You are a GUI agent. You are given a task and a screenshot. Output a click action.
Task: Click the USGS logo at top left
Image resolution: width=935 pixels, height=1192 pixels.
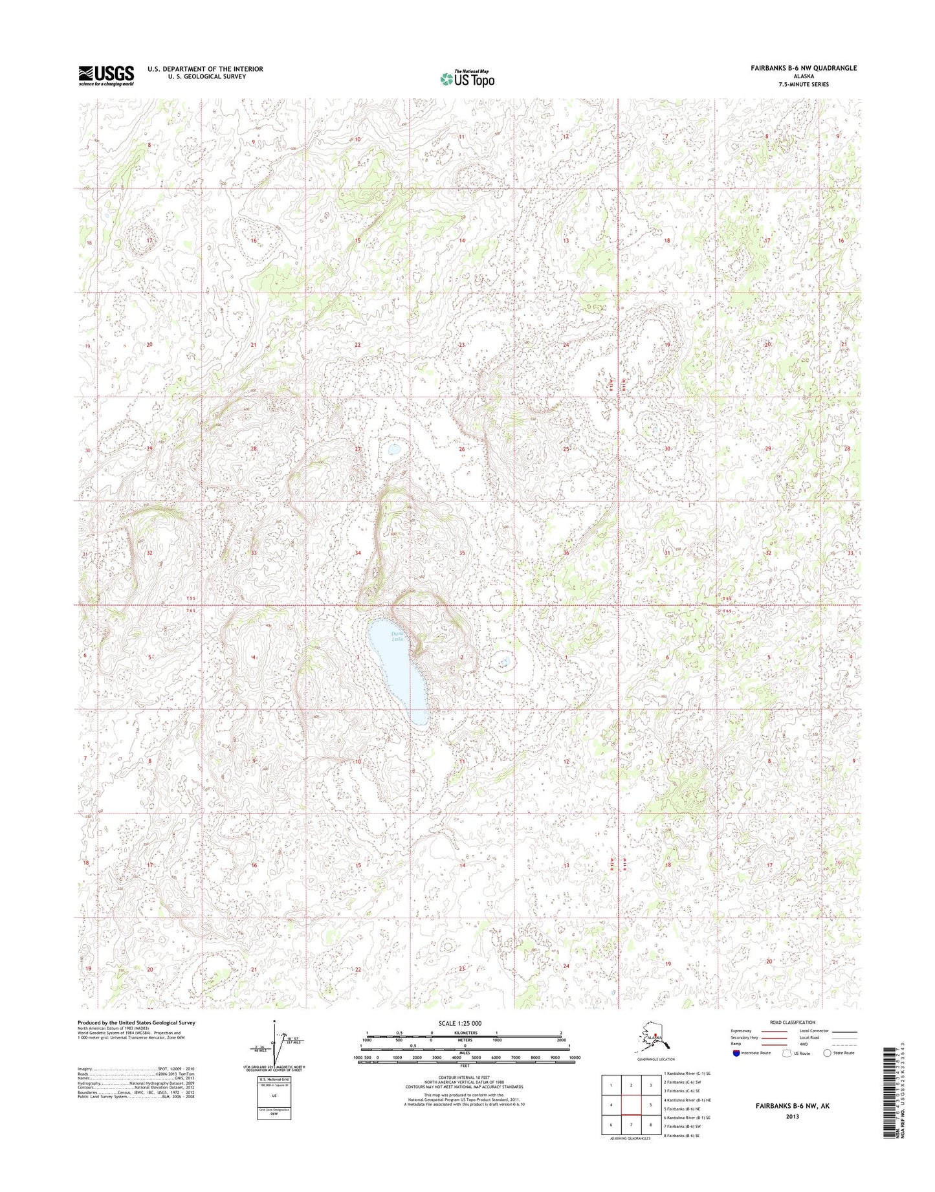[x=106, y=75]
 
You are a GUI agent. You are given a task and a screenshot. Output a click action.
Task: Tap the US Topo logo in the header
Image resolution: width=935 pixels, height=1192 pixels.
[x=467, y=78]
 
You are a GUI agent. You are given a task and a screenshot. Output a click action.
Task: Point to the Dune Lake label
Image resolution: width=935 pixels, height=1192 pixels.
[x=397, y=637]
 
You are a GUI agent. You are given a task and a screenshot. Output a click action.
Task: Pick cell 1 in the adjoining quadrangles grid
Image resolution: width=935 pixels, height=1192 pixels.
[x=610, y=1085]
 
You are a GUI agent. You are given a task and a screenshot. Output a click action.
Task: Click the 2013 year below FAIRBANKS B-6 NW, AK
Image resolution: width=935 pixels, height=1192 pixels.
[x=793, y=1116]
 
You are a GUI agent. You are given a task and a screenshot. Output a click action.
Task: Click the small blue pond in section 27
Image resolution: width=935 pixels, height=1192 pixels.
[x=394, y=449]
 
